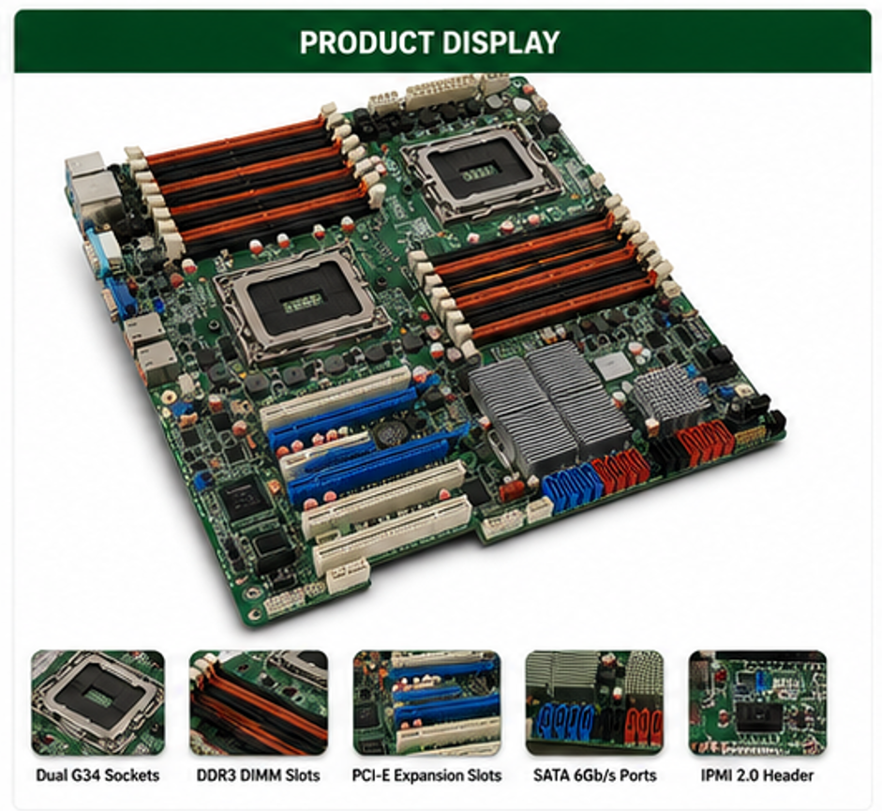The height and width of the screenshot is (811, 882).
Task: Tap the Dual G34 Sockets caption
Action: pos(97,775)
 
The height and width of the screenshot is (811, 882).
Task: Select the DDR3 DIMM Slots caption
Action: pos(258,775)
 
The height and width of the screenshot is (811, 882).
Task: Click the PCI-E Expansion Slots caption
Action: pos(426,775)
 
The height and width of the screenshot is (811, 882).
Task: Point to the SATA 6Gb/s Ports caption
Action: pos(595,775)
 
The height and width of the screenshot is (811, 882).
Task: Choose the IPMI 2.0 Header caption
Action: pos(757,775)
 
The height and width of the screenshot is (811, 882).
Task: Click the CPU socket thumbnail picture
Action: pos(97,702)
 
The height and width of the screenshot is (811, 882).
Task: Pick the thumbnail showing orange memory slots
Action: pos(259,702)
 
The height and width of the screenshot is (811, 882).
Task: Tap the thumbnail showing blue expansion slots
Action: pos(426,702)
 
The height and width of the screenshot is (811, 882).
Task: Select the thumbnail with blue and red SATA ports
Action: pos(594,702)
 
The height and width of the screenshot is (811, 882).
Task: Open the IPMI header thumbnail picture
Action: pos(757,702)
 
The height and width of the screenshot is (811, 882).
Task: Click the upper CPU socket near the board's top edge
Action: pos(481,172)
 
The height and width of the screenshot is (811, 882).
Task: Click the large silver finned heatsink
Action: pos(548,405)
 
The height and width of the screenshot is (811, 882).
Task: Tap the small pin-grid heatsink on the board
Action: pos(670,392)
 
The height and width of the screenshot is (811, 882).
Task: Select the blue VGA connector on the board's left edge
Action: pos(119,298)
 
